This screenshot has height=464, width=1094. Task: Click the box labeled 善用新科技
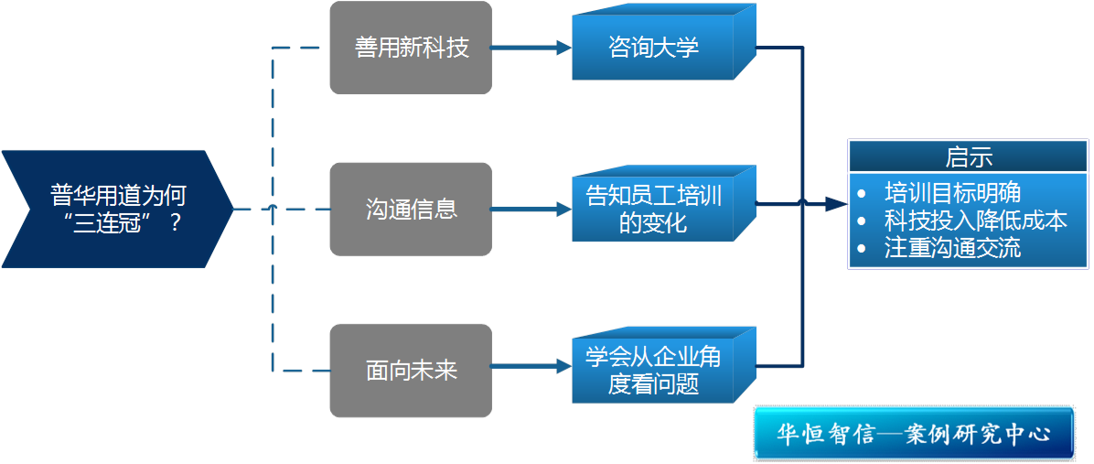tap(412, 48)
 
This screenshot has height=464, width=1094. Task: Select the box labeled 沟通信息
tap(412, 210)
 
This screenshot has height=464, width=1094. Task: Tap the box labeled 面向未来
tap(412, 370)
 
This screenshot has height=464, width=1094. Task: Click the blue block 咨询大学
tap(654, 48)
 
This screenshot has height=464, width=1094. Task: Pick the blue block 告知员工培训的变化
tap(654, 208)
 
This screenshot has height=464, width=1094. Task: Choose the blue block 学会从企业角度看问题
tap(654, 370)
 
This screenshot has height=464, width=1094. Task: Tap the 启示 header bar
tap(969, 156)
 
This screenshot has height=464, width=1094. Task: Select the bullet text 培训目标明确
tap(952, 192)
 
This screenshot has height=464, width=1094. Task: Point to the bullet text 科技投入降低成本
tap(975, 221)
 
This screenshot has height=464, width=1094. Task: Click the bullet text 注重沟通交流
tap(952, 248)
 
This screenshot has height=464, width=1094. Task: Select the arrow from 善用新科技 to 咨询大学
tap(531, 48)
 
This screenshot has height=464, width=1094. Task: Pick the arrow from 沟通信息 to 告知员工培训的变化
tap(531, 210)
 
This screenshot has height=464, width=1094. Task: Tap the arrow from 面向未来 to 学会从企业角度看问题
tap(531, 368)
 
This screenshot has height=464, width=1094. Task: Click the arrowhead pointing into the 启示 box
tap(836, 204)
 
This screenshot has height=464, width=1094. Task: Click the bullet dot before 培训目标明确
tap(862, 194)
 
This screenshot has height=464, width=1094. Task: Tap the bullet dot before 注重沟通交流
tap(862, 249)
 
